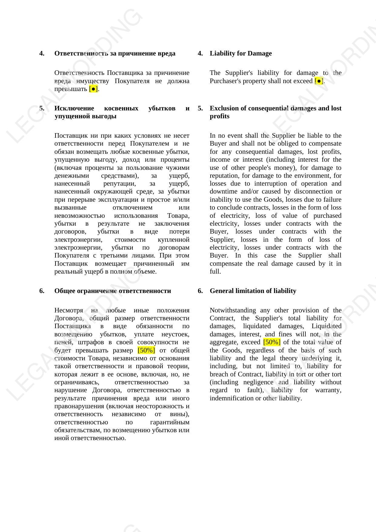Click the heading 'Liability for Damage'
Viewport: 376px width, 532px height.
pyautogui.click(x=241, y=53)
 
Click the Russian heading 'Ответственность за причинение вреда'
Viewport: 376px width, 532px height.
pyautogui.click(x=115, y=53)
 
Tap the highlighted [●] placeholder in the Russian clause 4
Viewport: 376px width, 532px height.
pyautogui.click(x=93, y=89)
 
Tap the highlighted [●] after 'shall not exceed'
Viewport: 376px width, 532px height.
pyautogui.click(x=319, y=81)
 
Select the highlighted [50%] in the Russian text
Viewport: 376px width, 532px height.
pyautogui.click(x=146, y=350)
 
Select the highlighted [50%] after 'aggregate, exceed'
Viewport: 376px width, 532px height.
pyautogui.click(x=272, y=342)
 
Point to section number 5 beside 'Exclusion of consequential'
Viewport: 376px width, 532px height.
pyautogui.click(x=200, y=108)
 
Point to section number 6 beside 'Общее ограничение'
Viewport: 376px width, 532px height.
pyautogui.click(x=42, y=291)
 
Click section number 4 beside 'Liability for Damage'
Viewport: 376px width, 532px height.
pyautogui.click(x=200, y=53)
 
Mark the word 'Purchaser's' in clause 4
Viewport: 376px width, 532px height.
pyautogui.click(x=226, y=81)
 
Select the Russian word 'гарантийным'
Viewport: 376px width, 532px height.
pyautogui.click(x=170, y=422)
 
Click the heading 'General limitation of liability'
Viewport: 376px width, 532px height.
pyautogui.click(x=253, y=291)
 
